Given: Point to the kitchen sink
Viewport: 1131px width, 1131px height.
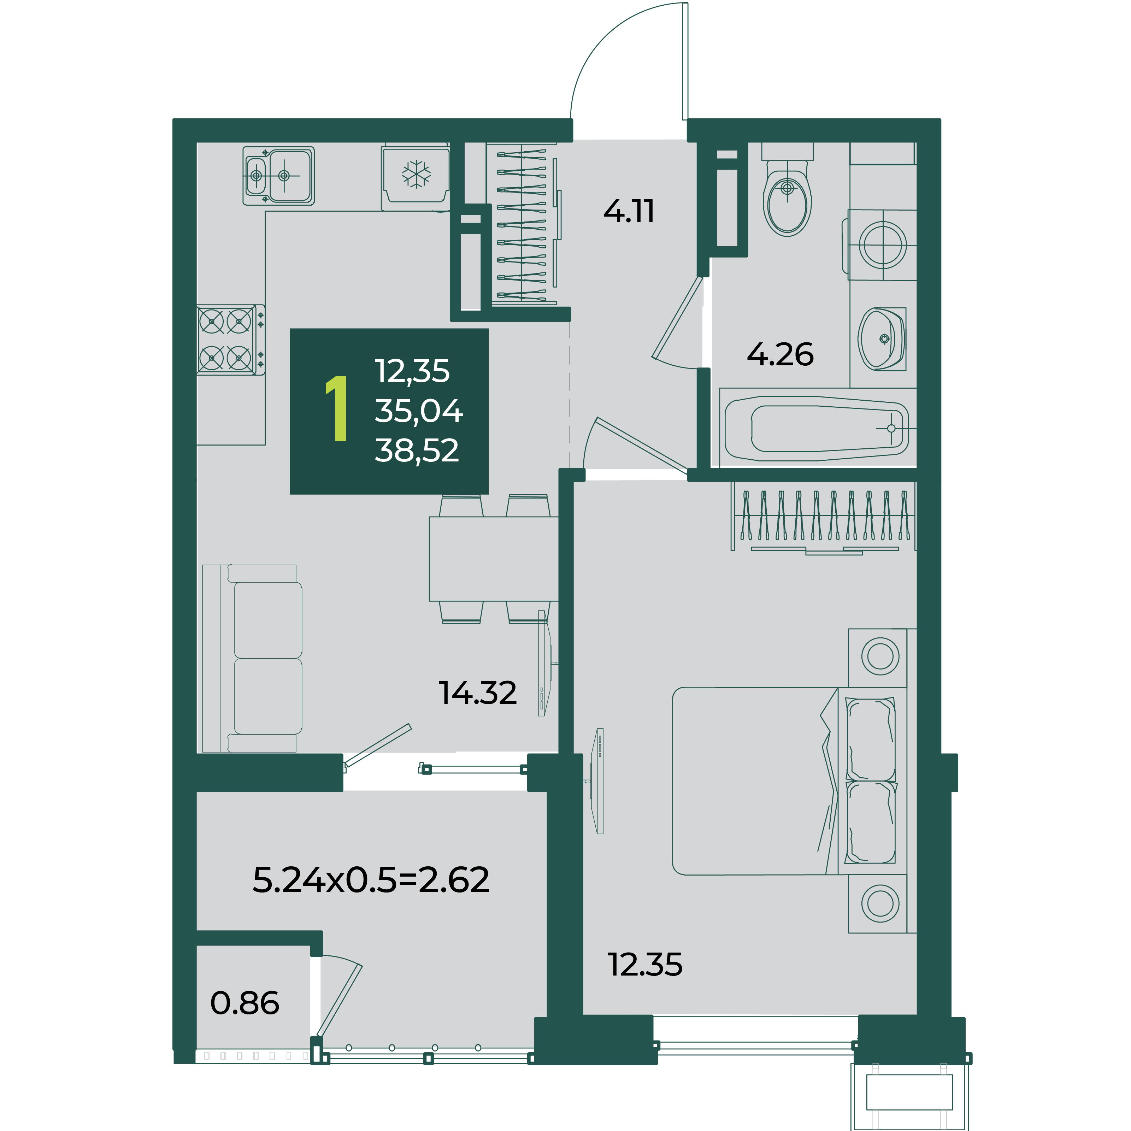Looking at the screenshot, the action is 279,176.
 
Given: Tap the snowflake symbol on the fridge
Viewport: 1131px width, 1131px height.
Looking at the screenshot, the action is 416,174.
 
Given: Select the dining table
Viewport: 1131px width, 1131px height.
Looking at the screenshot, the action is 494,559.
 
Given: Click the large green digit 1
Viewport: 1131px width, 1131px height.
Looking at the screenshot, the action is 337,408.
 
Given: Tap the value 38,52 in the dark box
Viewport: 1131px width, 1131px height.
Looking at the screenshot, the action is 417,451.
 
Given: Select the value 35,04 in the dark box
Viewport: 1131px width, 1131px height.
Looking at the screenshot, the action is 419,411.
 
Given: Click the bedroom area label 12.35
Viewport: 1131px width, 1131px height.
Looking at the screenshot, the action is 645,965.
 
